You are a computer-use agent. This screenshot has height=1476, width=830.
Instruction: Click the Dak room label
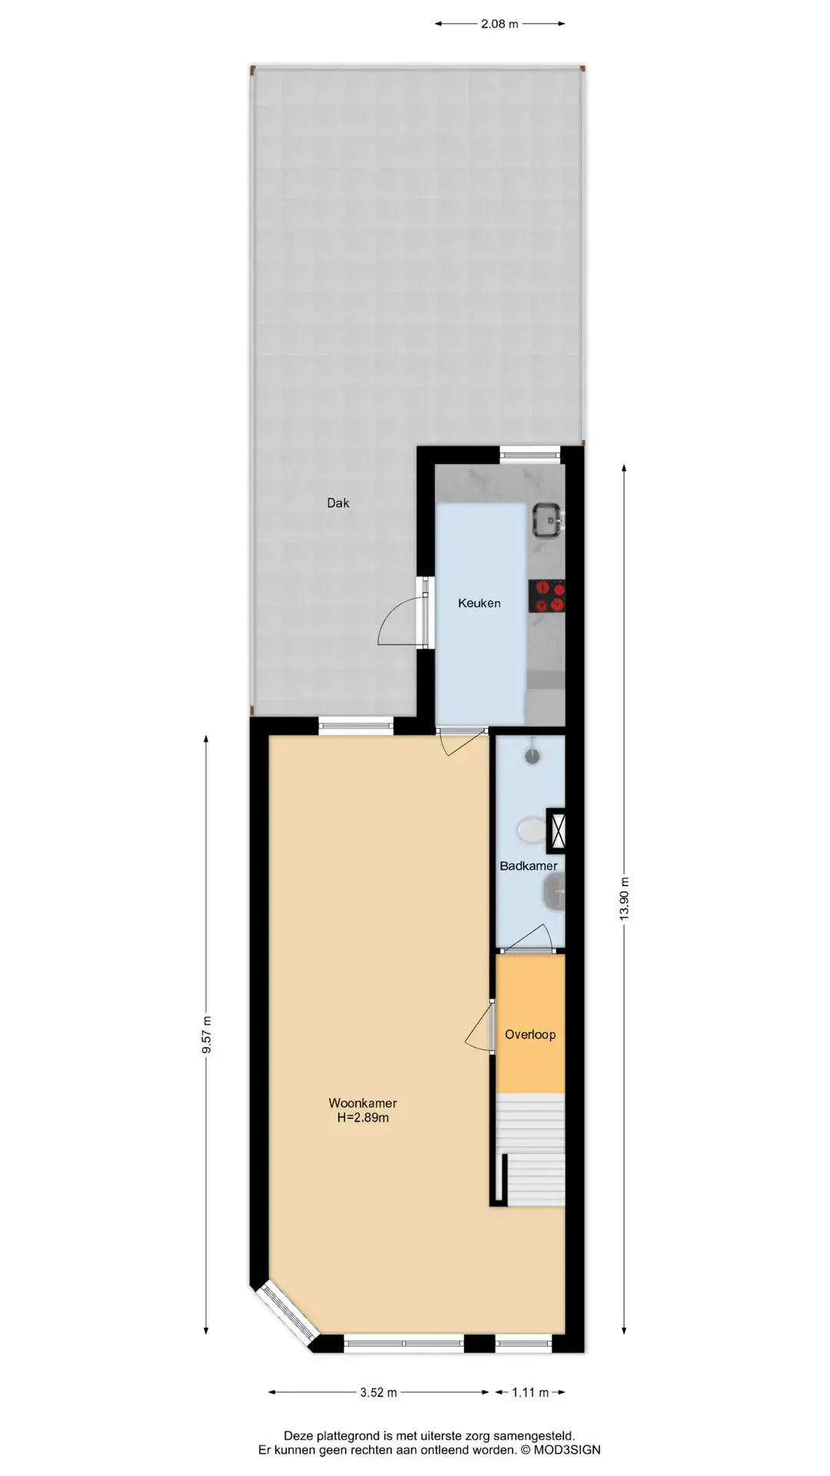click(x=338, y=503)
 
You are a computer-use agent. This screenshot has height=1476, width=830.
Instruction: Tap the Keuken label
click(x=479, y=603)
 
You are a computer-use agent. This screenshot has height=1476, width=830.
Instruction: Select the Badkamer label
click(x=528, y=866)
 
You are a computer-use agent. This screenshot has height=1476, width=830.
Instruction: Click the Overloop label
click(x=530, y=1034)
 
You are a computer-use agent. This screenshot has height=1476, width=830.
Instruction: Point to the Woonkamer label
click(x=363, y=1103)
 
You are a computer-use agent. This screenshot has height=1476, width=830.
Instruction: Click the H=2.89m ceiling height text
click(x=363, y=1118)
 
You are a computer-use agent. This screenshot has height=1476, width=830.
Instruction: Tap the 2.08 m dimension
click(x=500, y=24)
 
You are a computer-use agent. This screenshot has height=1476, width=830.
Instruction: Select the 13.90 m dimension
click(x=624, y=898)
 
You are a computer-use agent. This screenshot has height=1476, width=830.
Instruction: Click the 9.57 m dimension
click(x=206, y=1035)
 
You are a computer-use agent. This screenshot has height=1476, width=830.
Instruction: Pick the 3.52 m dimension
click(x=378, y=1392)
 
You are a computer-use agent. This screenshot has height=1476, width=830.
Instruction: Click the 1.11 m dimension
click(x=530, y=1392)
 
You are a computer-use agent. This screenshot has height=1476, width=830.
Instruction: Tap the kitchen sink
click(x=548, y=519)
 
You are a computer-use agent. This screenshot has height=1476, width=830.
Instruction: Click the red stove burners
click(x=547, y=596)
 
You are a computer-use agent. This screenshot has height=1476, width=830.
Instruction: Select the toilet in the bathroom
click(x=531, y=829)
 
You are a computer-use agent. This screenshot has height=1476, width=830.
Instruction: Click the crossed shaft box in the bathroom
click(x=556, y=830)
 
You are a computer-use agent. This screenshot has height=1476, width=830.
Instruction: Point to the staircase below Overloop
click(x=531, y=1149)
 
